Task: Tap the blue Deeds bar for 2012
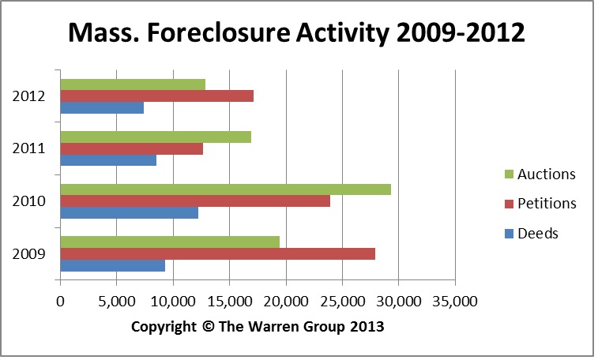pos(102,108)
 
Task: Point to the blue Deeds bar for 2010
pos(129,212)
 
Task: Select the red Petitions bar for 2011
pos(131,148)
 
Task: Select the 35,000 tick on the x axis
pos(455,301)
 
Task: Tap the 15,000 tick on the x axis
pos(229,301)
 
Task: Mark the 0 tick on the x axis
pos(60,301)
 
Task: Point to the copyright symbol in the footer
pos(209,325)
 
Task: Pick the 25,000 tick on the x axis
pos(342,301)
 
